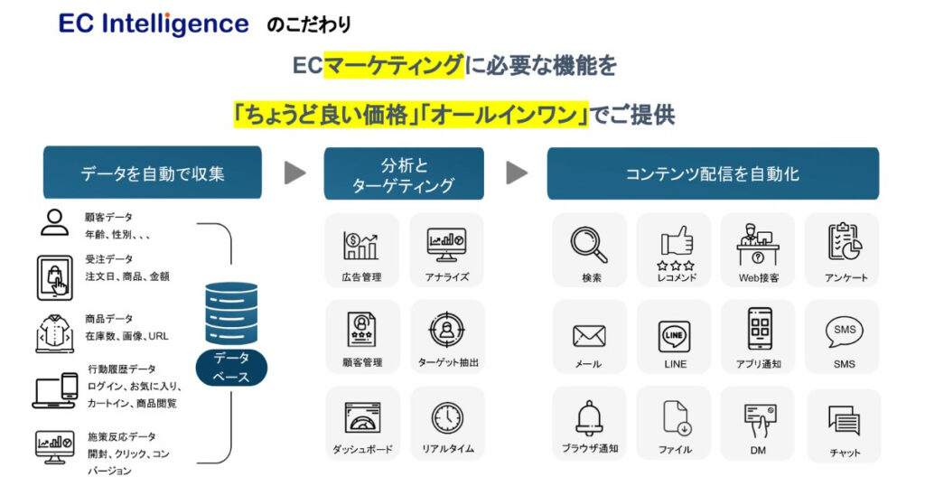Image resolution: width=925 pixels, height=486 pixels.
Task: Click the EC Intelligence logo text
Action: (x=154, y=23)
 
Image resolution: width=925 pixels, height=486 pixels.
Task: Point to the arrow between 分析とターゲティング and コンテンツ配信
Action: (x=516, y=173)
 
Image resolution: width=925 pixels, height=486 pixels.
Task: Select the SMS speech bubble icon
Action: (x=844, y=332)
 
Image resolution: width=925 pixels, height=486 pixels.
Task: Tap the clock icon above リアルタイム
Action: (x=447, y=417)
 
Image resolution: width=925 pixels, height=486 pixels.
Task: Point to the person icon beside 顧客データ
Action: (x=54, y=222)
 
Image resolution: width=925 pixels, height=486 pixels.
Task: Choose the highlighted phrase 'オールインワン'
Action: (x=507, y=116)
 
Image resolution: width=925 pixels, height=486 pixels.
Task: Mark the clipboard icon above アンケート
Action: (x=844, y=241)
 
